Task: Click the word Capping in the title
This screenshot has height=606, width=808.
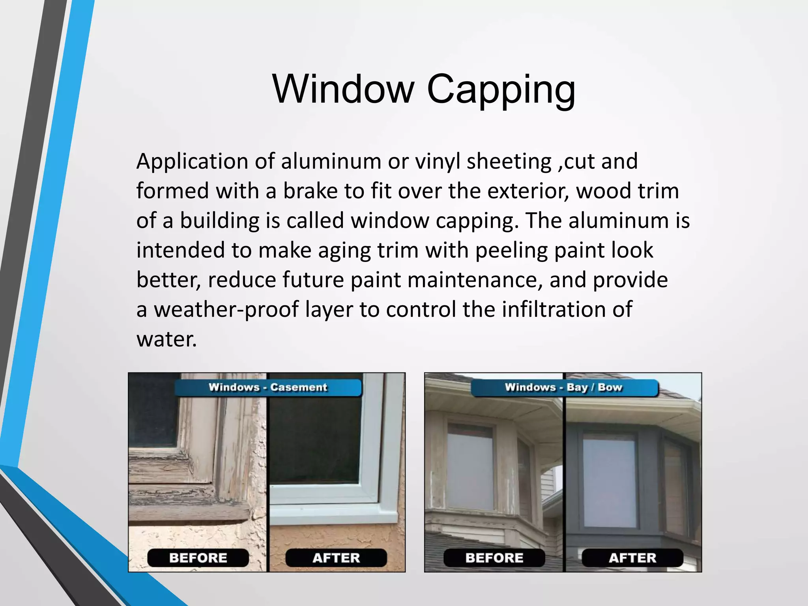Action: (x=501, y=91)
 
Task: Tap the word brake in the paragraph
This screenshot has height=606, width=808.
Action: (x=310, y=191)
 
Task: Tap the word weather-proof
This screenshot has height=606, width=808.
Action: (x=226, y=310)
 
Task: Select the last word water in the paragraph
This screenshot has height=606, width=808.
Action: (x=166, y=339)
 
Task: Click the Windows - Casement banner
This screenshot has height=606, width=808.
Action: (x=268, y=387)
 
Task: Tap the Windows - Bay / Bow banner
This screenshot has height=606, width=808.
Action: (x=564, y=387)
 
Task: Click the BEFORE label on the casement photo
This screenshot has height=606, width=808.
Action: (x=198, y=558)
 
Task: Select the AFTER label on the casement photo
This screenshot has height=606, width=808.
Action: (x=336, y=558)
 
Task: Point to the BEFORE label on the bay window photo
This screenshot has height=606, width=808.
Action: (x=494, y=558)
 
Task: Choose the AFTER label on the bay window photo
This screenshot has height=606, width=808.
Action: (x=632, y=558)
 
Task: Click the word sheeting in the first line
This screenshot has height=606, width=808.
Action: (x=509, y=162)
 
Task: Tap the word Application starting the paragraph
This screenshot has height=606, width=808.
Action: (x=192, y=162)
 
